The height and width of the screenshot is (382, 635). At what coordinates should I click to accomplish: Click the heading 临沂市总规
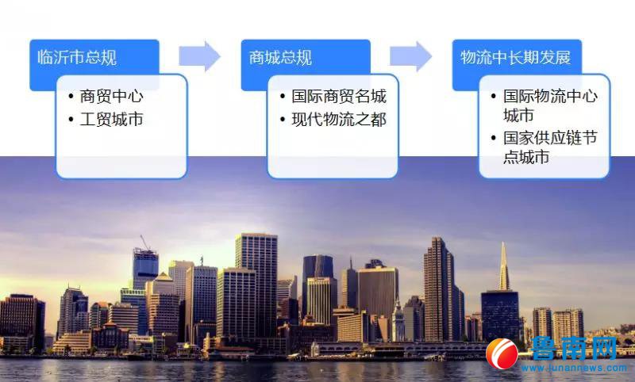(77, 57)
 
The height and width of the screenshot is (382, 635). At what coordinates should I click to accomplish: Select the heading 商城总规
(280, 57)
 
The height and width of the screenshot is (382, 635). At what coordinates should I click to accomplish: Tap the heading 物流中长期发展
(515, 57)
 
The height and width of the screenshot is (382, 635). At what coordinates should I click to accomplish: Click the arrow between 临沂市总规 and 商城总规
(200, 56)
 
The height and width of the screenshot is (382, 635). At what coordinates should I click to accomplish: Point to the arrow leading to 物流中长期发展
(410, 56)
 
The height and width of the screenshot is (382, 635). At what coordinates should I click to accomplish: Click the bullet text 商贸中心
(111, 96)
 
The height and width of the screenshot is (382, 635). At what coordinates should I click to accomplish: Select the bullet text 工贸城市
(111, 119)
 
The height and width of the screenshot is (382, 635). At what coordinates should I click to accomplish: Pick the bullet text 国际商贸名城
(339, 96)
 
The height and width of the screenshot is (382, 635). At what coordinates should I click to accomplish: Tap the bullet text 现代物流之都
(339, 119)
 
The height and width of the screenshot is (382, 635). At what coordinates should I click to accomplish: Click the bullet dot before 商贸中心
(71, 97)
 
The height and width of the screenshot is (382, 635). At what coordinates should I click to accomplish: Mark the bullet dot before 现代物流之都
(283, 120)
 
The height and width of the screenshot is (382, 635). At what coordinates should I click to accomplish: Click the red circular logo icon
(502, 353)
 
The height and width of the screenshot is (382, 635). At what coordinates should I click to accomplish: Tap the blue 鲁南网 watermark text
(574, 348)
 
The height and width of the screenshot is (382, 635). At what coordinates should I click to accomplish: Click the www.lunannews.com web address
(574, 369)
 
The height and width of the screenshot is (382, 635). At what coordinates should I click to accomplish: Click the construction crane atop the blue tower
(145, 243)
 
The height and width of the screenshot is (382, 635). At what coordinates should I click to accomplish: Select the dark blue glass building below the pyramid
(500, 315)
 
